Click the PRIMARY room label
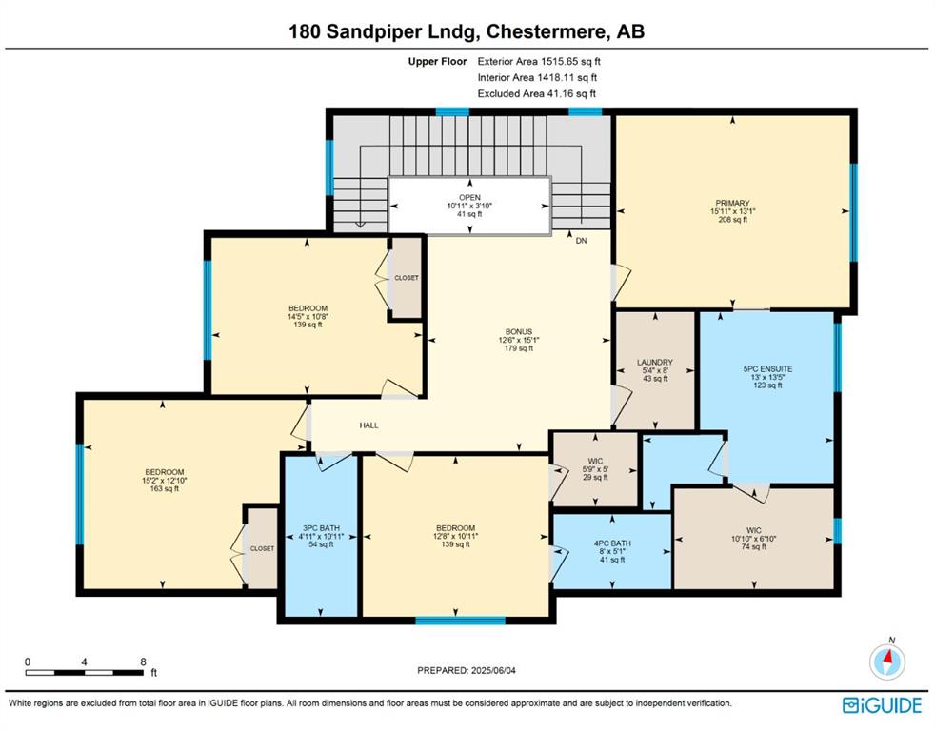(x=732, y=203)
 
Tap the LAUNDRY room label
(x=655, y=362)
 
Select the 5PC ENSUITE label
(x=767, y=369)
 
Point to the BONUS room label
(x=519, y=331)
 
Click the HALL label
(x=369, y=425)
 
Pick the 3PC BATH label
(x=322, y=528)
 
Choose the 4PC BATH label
(x=612, y=543)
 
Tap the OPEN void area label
(x=470, y=197)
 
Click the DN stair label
(x=582, y=241)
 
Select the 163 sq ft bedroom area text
(x=165, y=489)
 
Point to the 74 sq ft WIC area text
(x=754, y=546)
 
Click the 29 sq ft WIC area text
(x=595, y=477)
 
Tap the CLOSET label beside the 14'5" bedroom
(x=407, y=278)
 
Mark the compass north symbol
(x=887, y=660)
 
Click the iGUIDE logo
(x=882, y=705)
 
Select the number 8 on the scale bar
(x=143, y=662)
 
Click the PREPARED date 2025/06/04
(x=494, y=671)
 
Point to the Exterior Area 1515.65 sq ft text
(x=539, y=61)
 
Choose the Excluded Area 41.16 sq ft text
(x=537, y=93)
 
